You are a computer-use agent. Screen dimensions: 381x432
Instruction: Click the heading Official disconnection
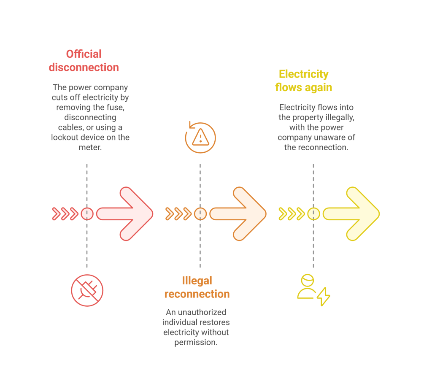coord(84,61)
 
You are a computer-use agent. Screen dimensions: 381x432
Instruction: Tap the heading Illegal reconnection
coord(197,287)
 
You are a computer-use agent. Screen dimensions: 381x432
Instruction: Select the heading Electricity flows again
coord(304,81)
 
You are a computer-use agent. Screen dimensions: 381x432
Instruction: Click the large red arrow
coord(127,214)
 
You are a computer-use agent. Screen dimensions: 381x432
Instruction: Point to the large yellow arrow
coord(353,214)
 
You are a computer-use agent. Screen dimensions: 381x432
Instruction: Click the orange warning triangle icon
coord(200,137)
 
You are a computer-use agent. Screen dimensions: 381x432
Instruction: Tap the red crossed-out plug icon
coord(87,291)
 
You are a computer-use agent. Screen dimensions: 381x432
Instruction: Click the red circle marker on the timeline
coord(87,214)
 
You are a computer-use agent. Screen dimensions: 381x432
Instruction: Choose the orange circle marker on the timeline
coord(200,214)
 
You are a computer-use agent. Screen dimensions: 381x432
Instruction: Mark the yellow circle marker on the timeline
coord(313,214)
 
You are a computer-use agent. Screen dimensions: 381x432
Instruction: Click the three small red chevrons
coord(65,214)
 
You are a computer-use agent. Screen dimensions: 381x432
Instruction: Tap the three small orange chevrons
coord(178,214)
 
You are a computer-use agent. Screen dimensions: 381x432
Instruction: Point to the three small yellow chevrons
coord(291,214)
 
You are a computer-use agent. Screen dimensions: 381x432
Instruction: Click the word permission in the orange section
coord(195,342)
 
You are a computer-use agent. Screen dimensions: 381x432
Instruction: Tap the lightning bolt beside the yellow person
coord(324,297)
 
